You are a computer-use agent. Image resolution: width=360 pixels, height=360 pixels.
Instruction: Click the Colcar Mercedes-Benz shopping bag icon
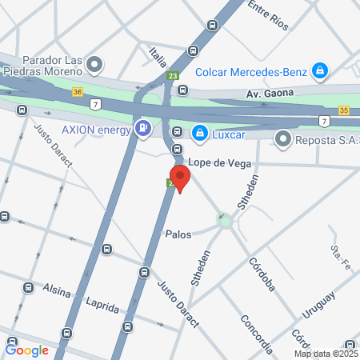[320, 71]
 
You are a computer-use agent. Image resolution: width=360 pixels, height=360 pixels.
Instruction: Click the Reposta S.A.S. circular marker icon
[282, 139]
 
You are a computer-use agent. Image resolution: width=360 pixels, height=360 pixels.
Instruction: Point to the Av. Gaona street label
[269, 94]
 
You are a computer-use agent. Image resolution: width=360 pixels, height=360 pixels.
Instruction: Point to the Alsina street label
[57, 292]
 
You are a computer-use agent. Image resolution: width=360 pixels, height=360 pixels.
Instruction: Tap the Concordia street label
[258, 334]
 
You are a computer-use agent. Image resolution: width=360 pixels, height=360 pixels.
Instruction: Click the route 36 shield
[78, 92]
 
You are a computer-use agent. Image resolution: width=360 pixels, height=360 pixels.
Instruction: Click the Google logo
[26, 349]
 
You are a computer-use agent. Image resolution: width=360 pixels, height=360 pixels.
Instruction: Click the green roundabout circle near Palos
[225, 219]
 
